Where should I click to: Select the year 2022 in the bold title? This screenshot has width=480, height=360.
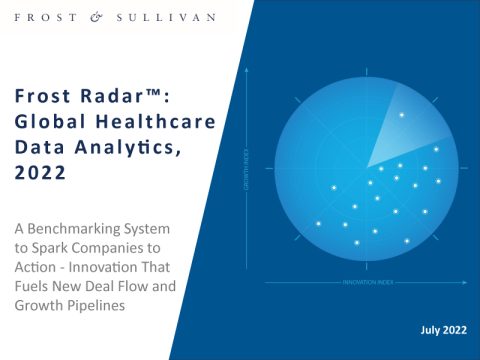pos(41,171)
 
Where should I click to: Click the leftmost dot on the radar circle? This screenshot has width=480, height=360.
pos(318,223)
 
